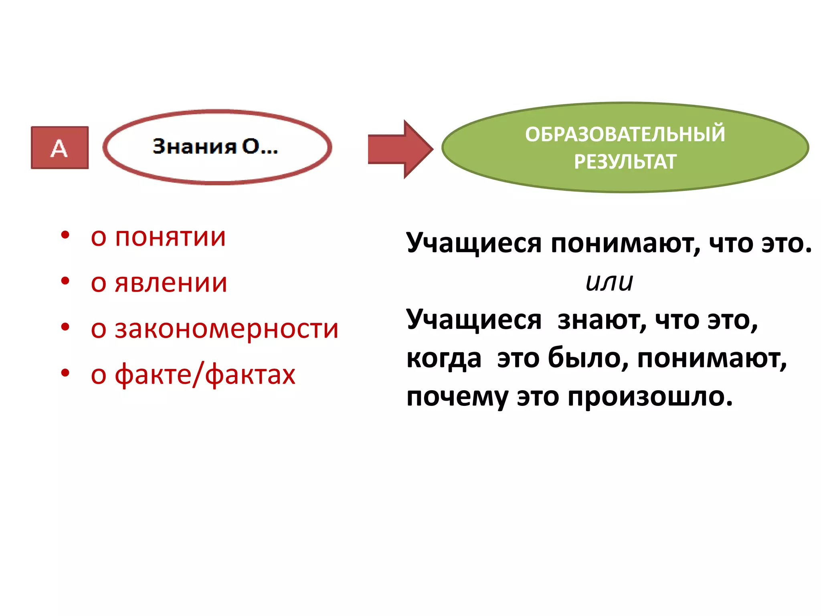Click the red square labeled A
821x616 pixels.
(x=60, y=148)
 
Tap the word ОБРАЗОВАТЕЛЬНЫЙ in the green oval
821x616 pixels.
(x=625, y=134)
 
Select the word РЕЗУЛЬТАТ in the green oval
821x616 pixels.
(x=625, y=162)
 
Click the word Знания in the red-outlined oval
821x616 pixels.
(x=194, y=146)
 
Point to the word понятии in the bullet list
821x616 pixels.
(x=170, y=237)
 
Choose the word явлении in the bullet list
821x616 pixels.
(x=171, y=283)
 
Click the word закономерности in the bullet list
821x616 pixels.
(x=227, y=329)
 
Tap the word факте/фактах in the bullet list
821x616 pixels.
(x=205, y=375)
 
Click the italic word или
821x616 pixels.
(x=609, y=282)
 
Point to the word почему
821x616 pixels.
(x=457, y=397)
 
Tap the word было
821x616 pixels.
(x=588, y=359)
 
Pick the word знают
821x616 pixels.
(x=602, y=320)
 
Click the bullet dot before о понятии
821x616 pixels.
(x=65, y=235)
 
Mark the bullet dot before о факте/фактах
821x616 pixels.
(x=65, y=373)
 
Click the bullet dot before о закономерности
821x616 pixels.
(x=65, y=327)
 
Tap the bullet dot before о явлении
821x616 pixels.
(x=65, y=281)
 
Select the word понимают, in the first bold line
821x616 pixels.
(x=625, y=244)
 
